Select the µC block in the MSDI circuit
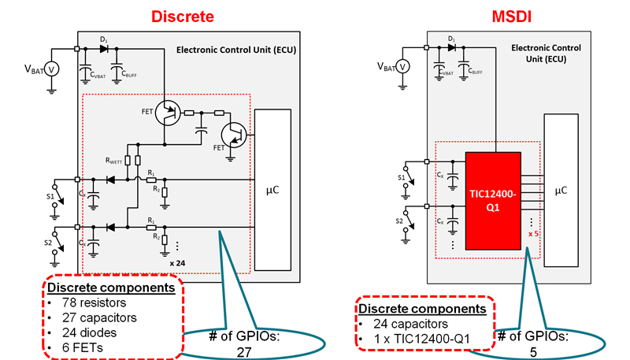pos(560,191)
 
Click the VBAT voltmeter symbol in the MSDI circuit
pos(402,65)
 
